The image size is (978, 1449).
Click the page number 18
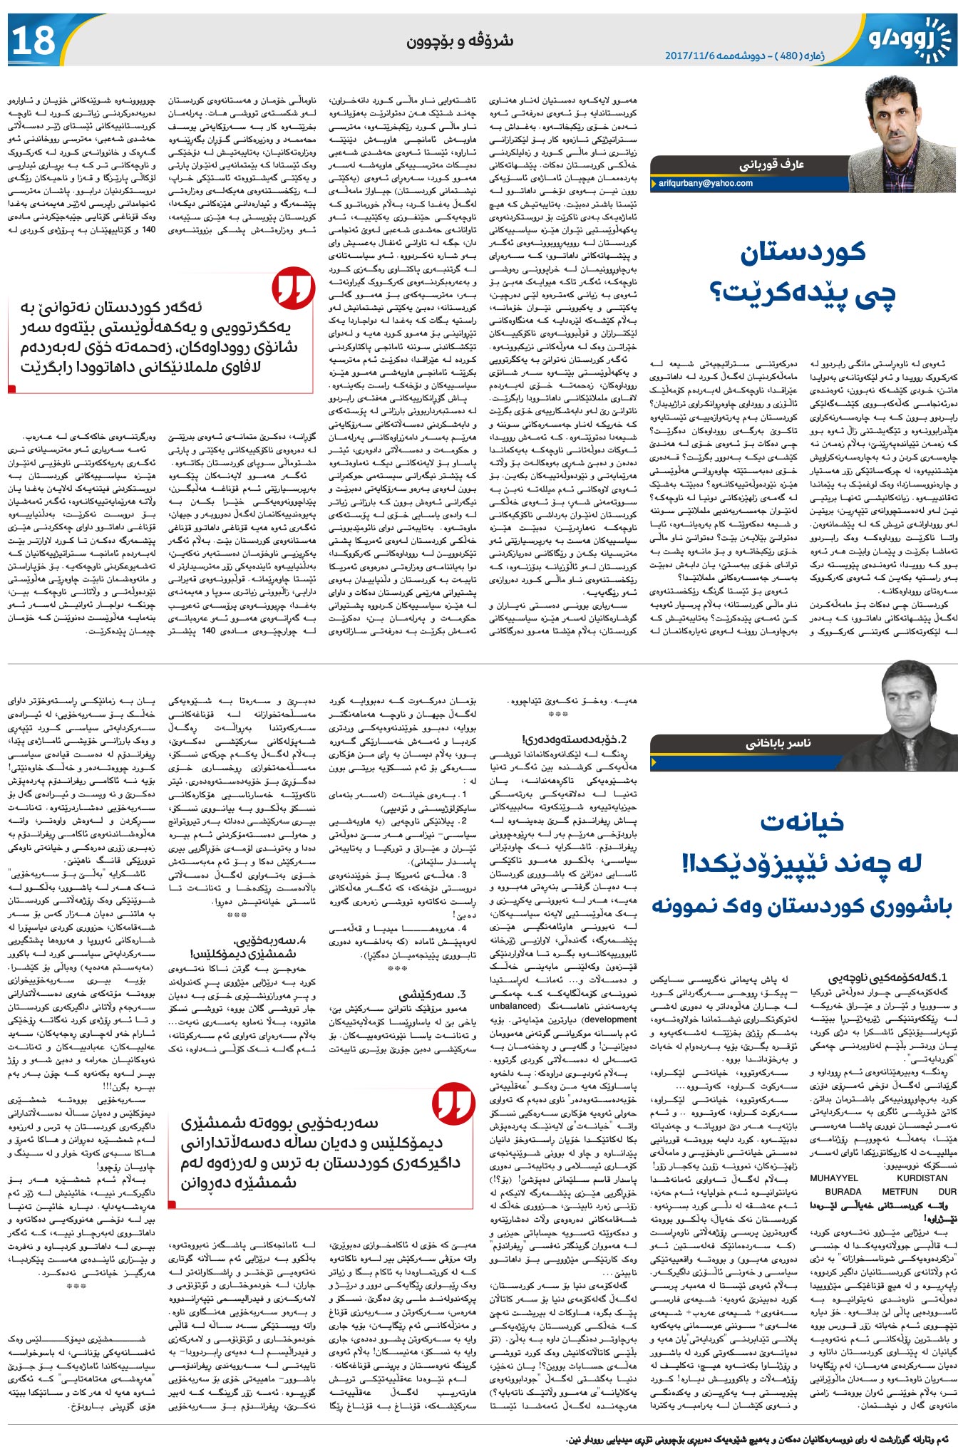pos(34,40)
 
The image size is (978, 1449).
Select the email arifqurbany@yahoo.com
pos(705,183)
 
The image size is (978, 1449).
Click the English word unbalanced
pos(515,1005)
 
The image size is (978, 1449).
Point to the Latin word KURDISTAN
pos(922,1178)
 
